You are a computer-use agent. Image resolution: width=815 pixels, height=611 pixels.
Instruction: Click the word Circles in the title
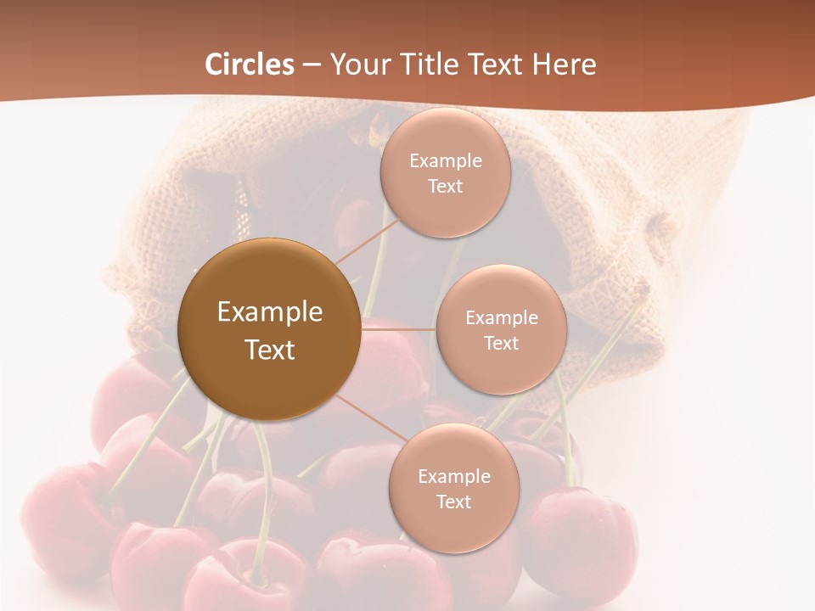click(x=250, y=64)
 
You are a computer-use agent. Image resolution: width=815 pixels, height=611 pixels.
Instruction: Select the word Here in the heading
click(x=564, y=64)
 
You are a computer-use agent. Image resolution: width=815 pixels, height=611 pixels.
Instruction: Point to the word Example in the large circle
click(x=270, y=312)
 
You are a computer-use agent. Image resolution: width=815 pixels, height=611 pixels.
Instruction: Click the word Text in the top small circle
click(x=445, y=187)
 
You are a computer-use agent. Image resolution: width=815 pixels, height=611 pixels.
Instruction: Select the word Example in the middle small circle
click(x=501, y=318)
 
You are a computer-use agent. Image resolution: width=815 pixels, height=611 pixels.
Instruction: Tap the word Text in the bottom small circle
click(x=453, y=502)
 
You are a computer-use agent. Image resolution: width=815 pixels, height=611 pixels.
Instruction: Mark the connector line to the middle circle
click(x=398, y=328)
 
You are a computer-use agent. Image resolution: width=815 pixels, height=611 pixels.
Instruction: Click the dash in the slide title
click(x=312, y=64)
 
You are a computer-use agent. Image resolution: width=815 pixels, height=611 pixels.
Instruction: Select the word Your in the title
click(x=357, y=64)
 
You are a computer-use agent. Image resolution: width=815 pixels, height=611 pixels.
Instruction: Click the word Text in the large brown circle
click(x=270, y=350)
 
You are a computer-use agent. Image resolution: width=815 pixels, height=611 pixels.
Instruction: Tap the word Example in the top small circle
click(x=445, y=161)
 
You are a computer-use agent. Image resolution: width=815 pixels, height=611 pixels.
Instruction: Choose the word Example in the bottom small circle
click(x=453, y=477)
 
